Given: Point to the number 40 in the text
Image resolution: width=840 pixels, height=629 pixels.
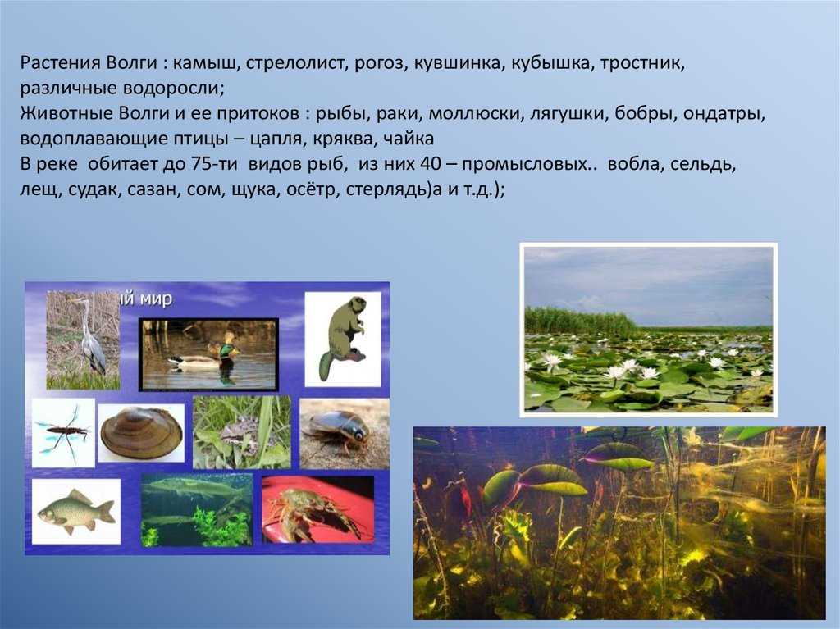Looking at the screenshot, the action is [x=430, y=164].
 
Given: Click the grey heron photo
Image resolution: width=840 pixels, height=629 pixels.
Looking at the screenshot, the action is [x=84, y=340].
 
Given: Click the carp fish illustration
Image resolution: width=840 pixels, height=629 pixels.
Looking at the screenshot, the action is [x=76, y=511].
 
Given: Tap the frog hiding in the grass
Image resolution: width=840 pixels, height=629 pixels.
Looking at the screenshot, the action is [x=238, y=432].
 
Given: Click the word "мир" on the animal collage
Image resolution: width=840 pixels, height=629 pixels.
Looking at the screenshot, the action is [x=155, y=299].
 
